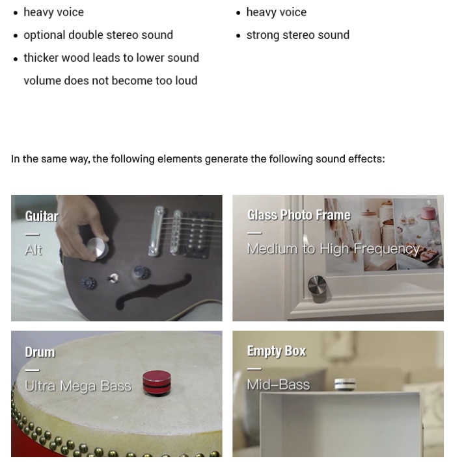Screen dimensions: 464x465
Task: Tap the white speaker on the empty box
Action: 345,384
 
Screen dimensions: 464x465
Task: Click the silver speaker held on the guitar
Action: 97,248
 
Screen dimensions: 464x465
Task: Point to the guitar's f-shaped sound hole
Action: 154,291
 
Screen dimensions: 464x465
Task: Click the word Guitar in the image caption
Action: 42,216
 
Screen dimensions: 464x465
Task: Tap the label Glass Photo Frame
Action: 299,215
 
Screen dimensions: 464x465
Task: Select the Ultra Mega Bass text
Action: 78,386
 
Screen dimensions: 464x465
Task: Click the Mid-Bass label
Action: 279,384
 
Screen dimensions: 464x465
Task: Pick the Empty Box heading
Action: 277,351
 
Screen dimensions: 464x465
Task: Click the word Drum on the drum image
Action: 40,352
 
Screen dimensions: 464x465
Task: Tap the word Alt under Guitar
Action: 33,249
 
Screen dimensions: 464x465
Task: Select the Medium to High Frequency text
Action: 333,249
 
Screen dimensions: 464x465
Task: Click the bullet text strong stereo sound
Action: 298,35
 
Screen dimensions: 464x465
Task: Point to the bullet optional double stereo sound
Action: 98,35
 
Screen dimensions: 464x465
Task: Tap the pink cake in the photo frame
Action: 428,212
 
